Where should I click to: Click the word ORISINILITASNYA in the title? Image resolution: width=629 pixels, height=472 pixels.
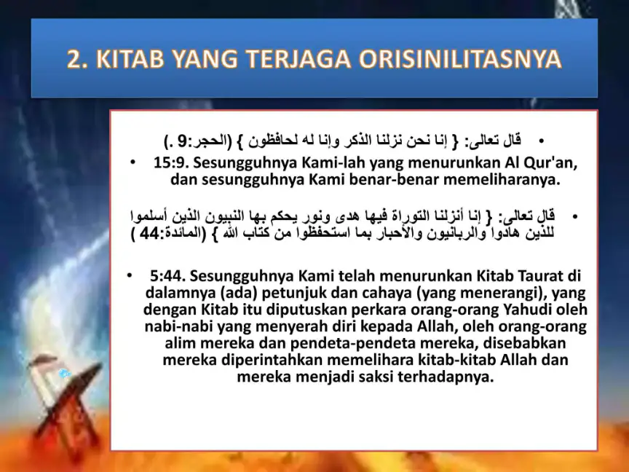[460, 59]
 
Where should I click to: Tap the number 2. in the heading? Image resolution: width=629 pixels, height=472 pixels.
[77, 59]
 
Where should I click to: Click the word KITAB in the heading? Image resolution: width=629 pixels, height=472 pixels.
[130, 59]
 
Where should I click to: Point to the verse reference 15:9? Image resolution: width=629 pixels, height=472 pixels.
[171, 163]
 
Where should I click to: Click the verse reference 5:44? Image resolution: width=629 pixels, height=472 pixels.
[167, 276]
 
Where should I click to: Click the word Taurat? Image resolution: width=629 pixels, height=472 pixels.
[540, 276]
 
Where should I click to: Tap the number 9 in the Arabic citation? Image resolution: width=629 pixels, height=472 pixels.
[182, 141]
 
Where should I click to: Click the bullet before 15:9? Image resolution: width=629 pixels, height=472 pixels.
[132, 163]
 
